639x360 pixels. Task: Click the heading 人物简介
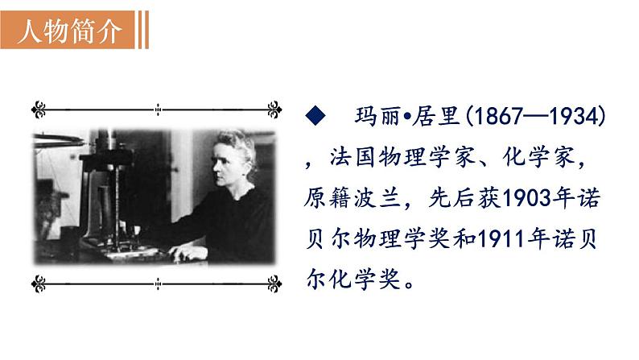coord(70,31)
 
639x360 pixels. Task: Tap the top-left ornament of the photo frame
coord(39,107)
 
